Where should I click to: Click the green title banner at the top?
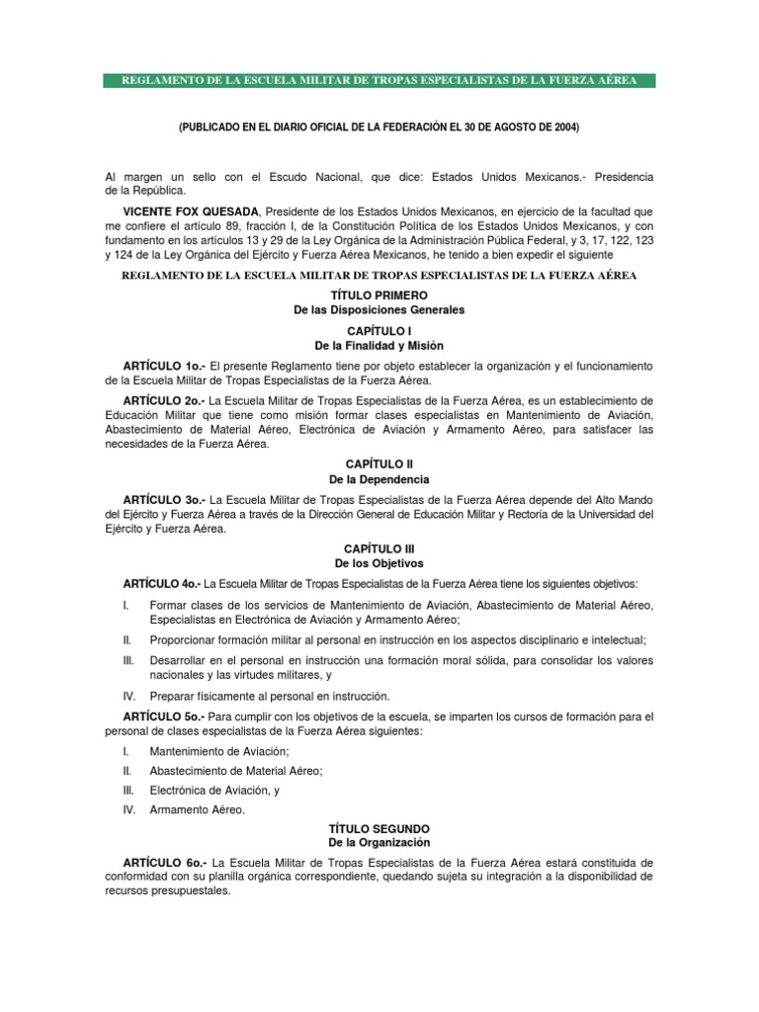pos(379,80)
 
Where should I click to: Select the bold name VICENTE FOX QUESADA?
pos(184,212)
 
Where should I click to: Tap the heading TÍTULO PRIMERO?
pos(379,295)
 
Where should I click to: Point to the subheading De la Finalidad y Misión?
pos(379,346)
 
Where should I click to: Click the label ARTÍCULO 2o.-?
pos(164,400)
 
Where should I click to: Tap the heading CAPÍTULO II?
pos(379,464)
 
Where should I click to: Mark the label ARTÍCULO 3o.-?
pos(164,500)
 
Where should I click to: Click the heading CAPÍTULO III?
pos(379,548)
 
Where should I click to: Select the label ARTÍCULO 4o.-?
pos(164,583)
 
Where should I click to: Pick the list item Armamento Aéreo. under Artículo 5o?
pos(197,809)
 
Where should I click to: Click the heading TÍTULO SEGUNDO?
pos(379,827)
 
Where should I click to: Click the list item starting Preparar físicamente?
pos(269,696)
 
